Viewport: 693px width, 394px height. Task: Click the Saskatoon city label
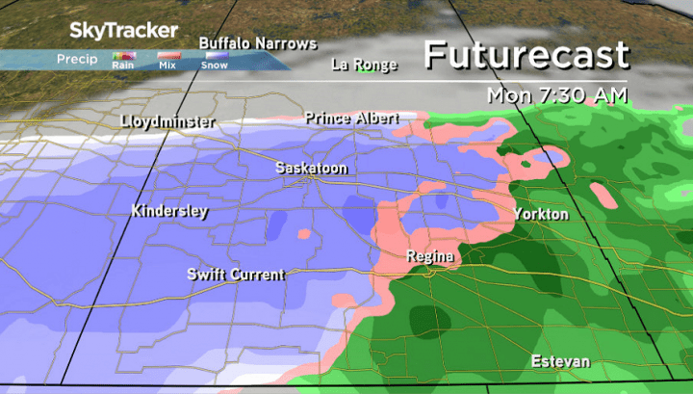pos(311,168)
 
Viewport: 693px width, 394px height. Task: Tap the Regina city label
pos(429,256)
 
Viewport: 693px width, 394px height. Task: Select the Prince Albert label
pos(351,118)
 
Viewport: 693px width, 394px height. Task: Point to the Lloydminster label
pos(168,122)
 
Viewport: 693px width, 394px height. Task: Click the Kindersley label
pos(169,211)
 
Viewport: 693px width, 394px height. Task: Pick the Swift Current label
pos(236,275)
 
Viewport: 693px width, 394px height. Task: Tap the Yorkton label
pos(540,214)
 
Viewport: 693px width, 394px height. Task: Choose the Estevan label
pos(558,362)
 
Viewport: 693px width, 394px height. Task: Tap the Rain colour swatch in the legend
pos(123,55)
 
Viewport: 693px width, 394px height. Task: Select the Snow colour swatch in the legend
pos(215,55)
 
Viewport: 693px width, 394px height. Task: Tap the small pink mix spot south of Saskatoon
pos(305,233)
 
